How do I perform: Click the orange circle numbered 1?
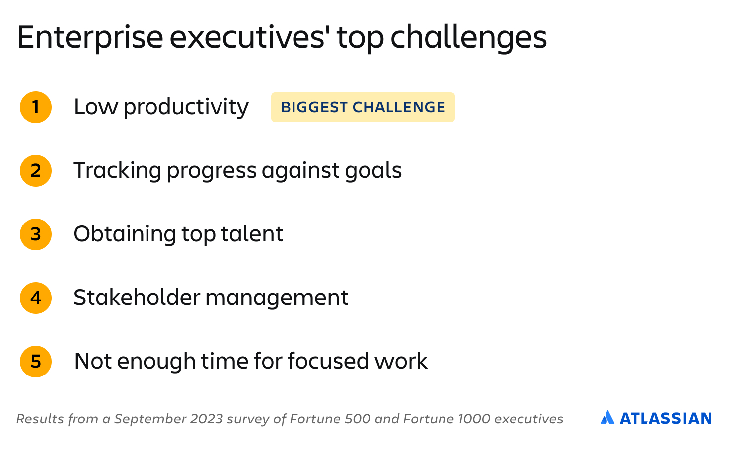(x=36, y=107)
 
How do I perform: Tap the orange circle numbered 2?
(x=36, y=171)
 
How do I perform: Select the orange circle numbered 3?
(x=36, y=234)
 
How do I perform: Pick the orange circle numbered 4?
(x=36, y=298)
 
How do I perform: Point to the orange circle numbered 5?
(x=36, y=362)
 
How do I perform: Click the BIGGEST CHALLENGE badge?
(x=363, y=107)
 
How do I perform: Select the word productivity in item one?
(x=186, y=108)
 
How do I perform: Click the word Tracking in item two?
(x=118, y=171)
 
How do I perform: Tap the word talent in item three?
(x=252, y=234)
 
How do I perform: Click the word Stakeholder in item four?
(x=137, y=298)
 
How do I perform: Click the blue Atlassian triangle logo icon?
(x=607, y=417)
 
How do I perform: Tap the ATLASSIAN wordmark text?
(x=665, y=419)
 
